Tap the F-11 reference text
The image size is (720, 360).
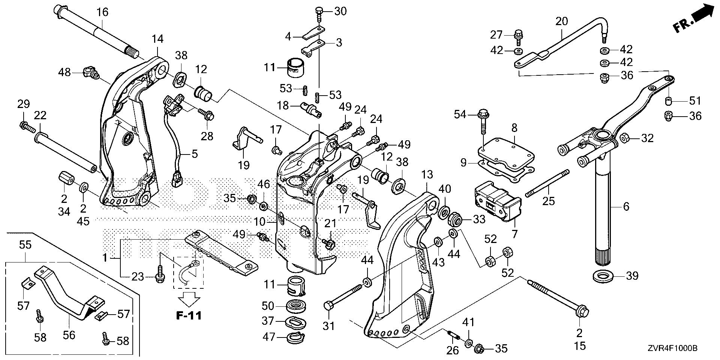(189, 315)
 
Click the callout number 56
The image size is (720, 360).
(69, 335)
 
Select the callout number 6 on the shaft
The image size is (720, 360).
(626, 206)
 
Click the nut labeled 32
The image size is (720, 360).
(624, 138)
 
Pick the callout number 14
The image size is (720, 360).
(157, 39)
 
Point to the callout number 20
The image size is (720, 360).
(561, 21)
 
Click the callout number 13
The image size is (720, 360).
(427, 174)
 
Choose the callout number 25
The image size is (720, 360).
(549, 201)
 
